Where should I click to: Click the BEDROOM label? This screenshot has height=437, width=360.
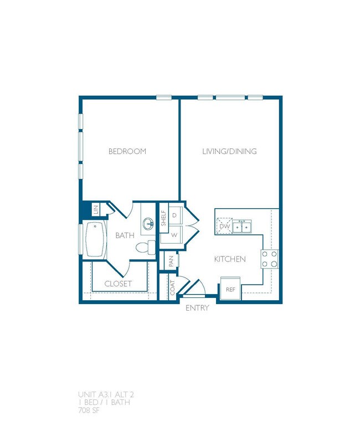click(x=127, y=151)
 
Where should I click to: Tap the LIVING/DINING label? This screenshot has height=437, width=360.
click(x=229, y=151)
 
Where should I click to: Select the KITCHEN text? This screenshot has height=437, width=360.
click(x=230, y=259)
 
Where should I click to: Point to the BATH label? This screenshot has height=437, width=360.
click(x=125, y=235)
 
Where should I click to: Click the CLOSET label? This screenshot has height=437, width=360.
click(x=119, y=284)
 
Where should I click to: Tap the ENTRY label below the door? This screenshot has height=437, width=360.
click(x=197, y=308)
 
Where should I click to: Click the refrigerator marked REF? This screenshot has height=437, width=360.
click(x=230, y=289)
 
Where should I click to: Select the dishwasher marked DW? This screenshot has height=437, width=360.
click(x=224, y=226)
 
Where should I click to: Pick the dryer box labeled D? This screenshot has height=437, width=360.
click(x=174, y=215)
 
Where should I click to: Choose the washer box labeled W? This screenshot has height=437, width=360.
click(x=174, y=235)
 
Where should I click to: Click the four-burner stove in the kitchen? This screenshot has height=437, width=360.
click(x=269, y=259)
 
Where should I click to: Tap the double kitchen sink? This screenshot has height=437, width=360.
click(x=241, y=226)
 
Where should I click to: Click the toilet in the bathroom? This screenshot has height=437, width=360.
click(x=145, y=248)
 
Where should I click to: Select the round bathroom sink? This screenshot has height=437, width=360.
click(x=148, y=224)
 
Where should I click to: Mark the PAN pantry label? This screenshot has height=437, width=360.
click(x=171, y=261)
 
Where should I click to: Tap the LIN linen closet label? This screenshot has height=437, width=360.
click(x=95, y=210)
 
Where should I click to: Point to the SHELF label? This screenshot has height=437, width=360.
click(x=164, y=219)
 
